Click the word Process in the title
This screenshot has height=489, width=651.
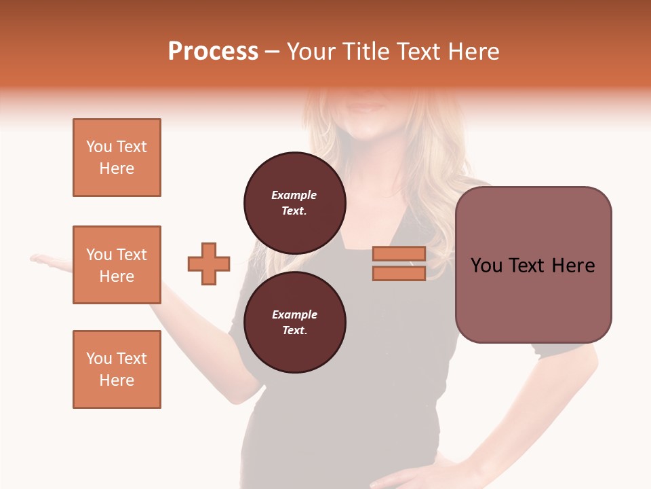click(x=213, y=52)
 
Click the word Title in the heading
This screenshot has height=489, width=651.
click(x=363, y=52)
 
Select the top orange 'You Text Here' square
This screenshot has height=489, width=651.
click(x=117, y=158)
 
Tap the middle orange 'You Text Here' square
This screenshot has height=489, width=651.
click(x=117, y=265)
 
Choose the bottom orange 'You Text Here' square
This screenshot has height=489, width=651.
click(x=117, y=369)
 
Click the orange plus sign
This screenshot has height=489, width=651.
click(x=209, y=264)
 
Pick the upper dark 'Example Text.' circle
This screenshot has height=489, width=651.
click(x=295, y=202)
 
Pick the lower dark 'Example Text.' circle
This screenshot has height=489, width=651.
click(x=295, y=322)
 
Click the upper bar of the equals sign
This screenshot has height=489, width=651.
click(x=399, y=254)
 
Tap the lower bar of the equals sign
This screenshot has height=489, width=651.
click(x=399, y=274)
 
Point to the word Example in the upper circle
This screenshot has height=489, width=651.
click(x=294, y=195)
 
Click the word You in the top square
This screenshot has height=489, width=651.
click(x=99, y=147)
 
